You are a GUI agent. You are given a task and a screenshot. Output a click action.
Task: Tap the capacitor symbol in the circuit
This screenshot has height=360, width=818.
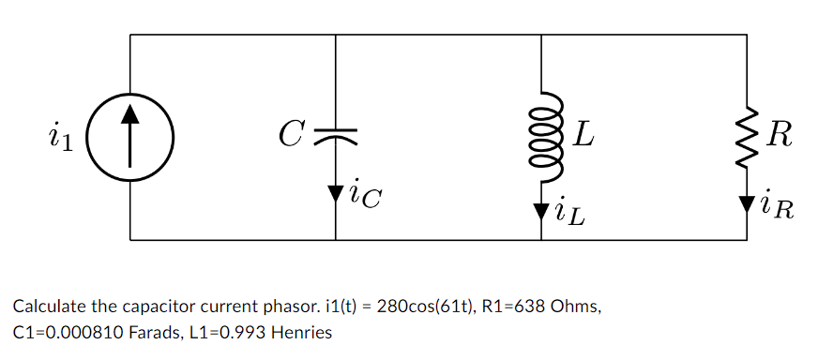click(x=335, y=137)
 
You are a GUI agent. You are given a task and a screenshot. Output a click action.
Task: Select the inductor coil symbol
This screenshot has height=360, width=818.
click(x=542, y=138)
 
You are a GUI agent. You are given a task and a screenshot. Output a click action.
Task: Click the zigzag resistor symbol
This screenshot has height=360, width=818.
click(x=747, y=137)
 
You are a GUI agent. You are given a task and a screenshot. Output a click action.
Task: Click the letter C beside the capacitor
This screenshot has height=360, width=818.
click(x=290, y=137)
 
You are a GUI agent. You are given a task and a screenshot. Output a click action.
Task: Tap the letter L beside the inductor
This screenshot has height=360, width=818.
click(x=583, y=137)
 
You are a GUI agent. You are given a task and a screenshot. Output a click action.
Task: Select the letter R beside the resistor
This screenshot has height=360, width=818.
click(x=780, y=137)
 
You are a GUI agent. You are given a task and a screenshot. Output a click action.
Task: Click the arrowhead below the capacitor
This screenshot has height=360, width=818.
click(x=335, y=194)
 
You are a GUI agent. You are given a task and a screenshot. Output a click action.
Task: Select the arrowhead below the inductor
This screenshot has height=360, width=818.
click(x=541, y=212)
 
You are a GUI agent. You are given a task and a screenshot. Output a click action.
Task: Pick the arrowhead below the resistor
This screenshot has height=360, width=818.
click(x=747, y=202)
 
